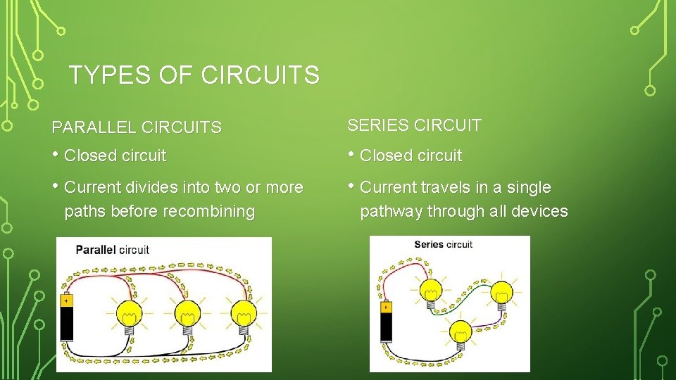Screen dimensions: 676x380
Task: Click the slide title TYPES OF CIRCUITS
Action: [194, 75]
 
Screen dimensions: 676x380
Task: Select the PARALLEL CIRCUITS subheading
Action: [137, 127]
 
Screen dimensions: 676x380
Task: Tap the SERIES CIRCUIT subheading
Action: [414, 126]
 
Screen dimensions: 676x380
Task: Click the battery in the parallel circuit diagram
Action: [67, 318]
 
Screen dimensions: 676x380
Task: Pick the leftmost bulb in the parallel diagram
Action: [128, 312]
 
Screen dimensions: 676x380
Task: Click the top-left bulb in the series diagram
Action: [430, 290]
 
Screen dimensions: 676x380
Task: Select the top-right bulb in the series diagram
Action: [501, 292]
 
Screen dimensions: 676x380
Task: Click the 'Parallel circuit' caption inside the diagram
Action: [113, 249]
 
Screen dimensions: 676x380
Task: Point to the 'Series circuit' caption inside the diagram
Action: [443, 244]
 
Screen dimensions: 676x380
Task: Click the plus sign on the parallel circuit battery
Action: [66, 300]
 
